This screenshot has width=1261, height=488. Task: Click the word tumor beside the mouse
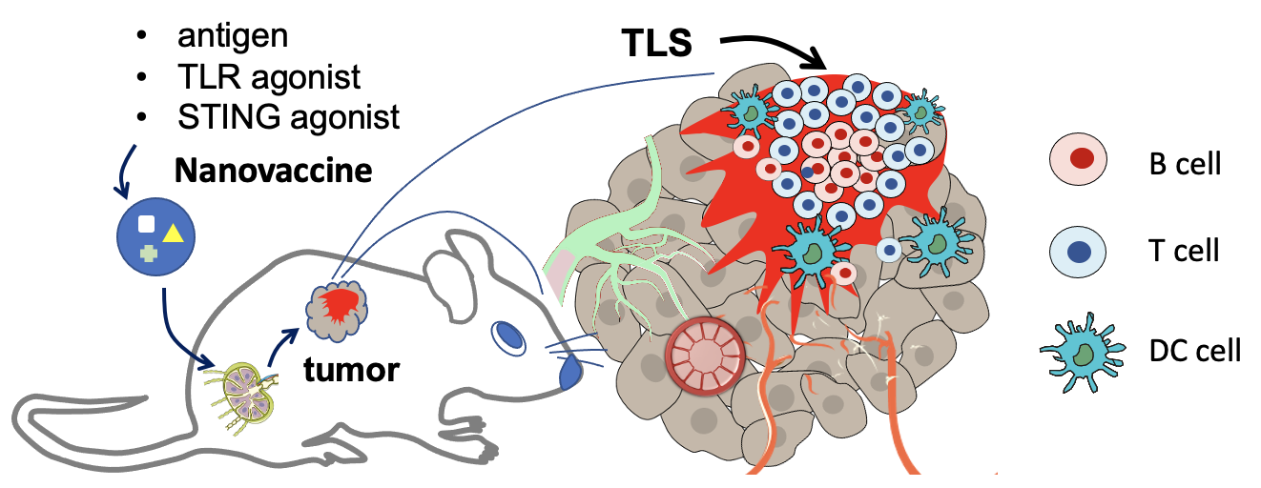[351, 369]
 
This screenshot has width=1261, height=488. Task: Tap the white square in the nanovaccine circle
[147, 225]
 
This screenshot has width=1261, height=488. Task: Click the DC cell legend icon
[1078, 353]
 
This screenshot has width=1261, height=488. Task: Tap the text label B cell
[1185, 163]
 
